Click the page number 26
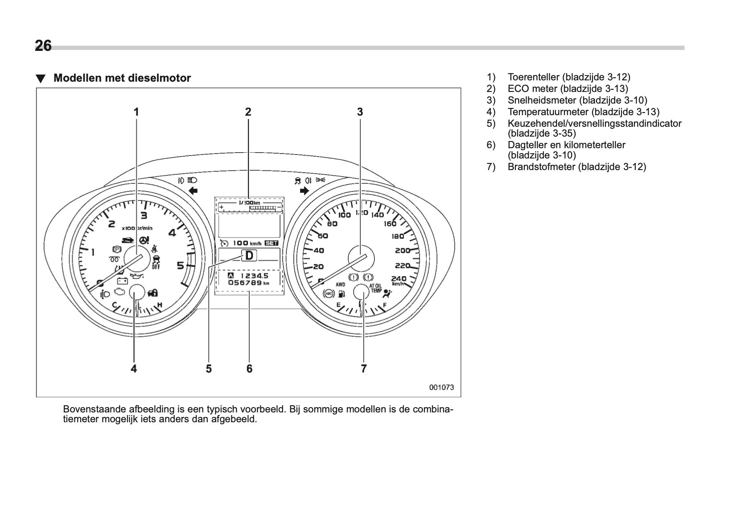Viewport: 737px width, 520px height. pos(43,46)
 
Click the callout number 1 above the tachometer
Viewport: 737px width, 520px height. pos(136,112)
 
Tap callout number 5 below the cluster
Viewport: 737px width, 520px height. pos(209,369)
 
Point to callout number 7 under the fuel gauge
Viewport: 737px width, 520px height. pos(364,369)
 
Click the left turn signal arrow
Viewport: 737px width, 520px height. pos(193,191)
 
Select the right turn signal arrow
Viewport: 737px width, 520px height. pos(305,191)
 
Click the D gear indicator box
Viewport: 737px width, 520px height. pos(249,256)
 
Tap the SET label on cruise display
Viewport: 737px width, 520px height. pos(271,243)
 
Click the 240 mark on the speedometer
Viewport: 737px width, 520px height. pos(398,279)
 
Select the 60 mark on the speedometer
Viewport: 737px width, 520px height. pos(322,236)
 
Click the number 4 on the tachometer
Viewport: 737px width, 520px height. pos(172,233)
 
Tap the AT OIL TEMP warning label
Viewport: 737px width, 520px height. pos(375,287)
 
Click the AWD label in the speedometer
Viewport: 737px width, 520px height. pos(340,284)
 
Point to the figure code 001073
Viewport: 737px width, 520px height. pos(441,387)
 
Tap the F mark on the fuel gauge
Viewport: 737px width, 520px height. pos(385,306)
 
